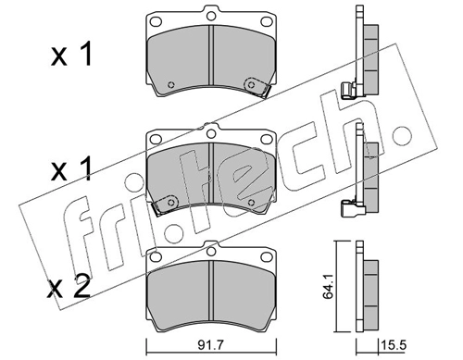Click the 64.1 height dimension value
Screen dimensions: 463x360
[x=328, y=287]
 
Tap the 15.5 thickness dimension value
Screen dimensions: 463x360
[x=394, y=345]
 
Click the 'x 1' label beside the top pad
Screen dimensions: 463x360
[x=71, y=55]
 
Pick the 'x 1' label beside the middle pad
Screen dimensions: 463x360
[x=71, y=168]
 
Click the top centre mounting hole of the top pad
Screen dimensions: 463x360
[x=211, y=16]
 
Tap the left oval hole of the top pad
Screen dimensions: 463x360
[x=156, y=22]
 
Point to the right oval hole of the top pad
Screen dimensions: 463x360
[x=267, y=22]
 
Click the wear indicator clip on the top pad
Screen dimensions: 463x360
[x=256, y=87]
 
